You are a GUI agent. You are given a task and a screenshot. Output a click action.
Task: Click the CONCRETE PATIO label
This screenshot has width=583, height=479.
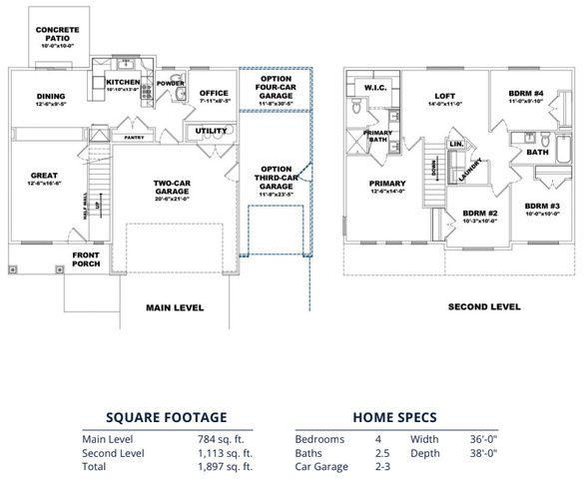tap(59, 34)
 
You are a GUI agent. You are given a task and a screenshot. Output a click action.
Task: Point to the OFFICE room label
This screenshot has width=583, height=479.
tap(214, 95)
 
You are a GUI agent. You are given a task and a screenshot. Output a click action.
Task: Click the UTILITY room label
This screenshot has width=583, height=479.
tap(212, 130)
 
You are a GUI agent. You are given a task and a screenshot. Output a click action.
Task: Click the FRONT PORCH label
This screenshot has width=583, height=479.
tap(87, 259)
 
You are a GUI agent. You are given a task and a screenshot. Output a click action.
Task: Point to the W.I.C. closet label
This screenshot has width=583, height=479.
tap(375, 87)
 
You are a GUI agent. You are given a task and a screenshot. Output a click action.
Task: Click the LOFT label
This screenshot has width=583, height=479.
tap(445, 98)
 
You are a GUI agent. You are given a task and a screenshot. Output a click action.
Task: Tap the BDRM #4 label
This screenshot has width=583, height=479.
tap(525, 97)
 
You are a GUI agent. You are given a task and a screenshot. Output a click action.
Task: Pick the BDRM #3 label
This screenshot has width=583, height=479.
tap(542, 209)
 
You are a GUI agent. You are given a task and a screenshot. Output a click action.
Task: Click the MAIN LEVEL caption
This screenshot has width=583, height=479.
tap(175, 307)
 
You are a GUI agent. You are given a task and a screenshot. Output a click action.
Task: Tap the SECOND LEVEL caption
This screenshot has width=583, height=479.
tap(484, 307)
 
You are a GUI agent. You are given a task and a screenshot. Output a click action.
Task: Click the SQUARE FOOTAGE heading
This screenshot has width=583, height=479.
tap(168, 417)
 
